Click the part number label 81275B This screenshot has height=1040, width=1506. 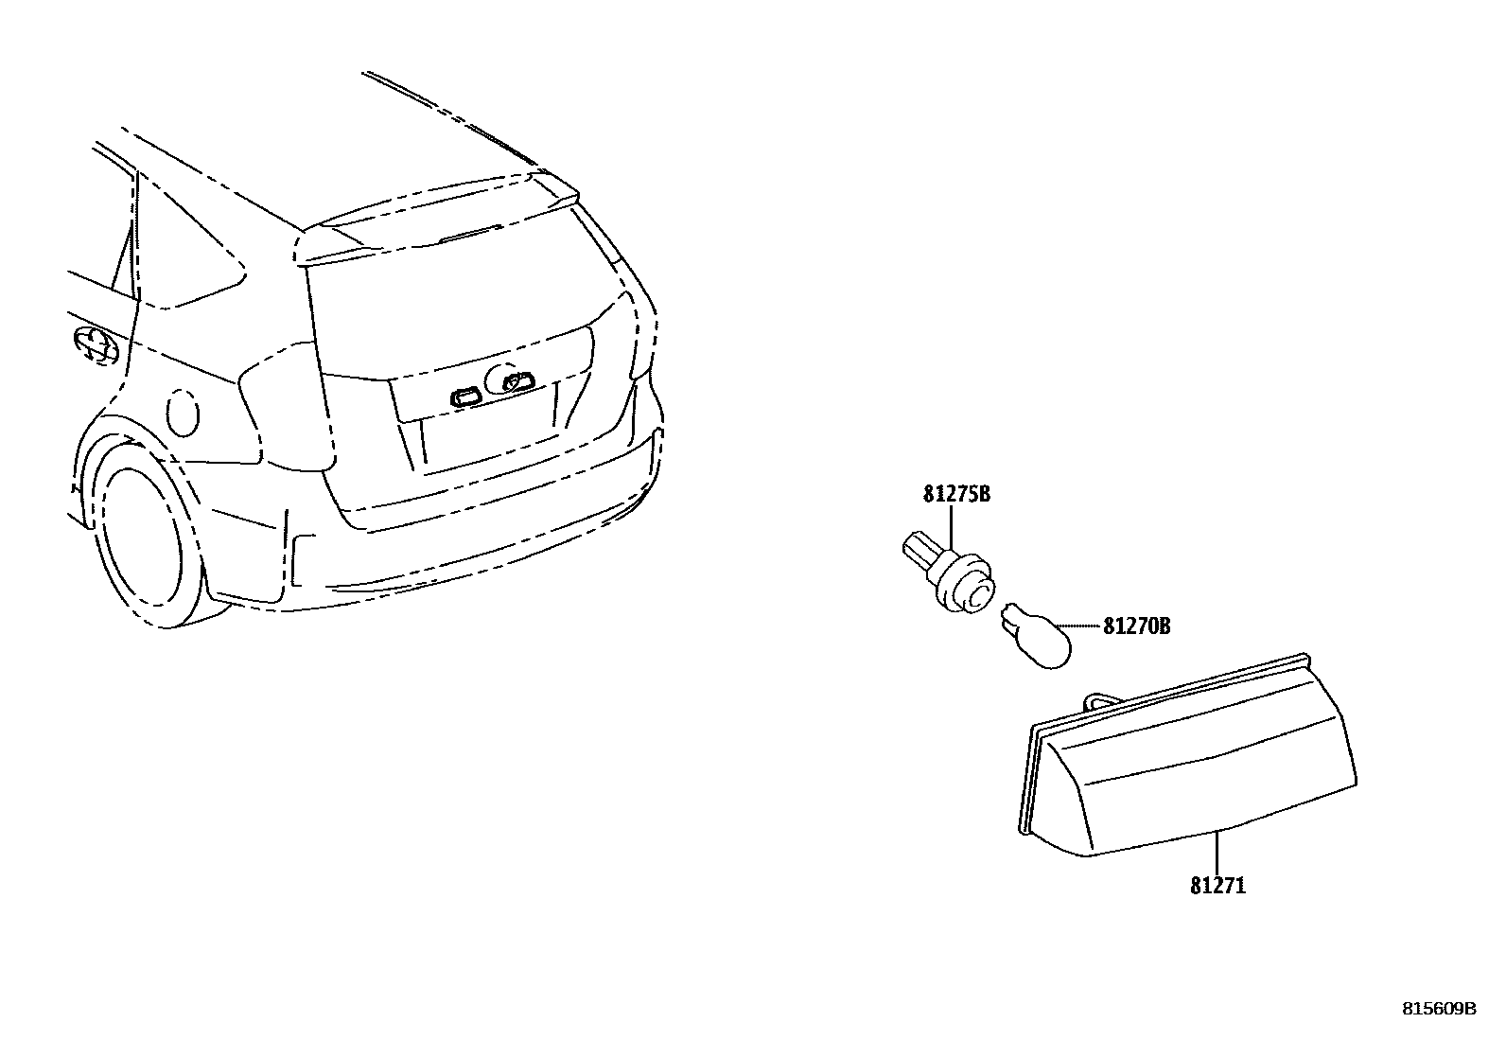[x=956, y=494]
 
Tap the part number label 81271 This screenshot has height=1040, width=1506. [x=1217, y=887]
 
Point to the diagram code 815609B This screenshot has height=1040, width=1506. [x=1439, y=1009]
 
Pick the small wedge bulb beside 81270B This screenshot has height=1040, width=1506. [x=1036, y=635]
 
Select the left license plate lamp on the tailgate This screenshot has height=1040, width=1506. [x=466, y=396]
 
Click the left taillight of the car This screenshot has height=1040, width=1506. [x=284, y=407]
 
